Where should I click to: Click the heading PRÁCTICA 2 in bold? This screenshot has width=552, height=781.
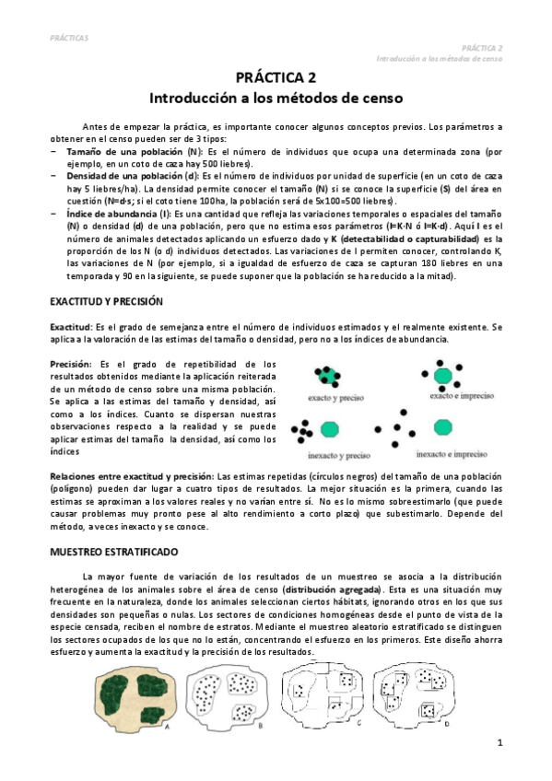(x=276, y=78)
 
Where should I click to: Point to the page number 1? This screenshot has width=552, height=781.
(x=499, y=742)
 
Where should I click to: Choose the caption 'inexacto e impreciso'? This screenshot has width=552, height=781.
(x=449, y=454)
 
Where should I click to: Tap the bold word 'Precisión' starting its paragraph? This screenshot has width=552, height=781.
(x=70, y=365)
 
